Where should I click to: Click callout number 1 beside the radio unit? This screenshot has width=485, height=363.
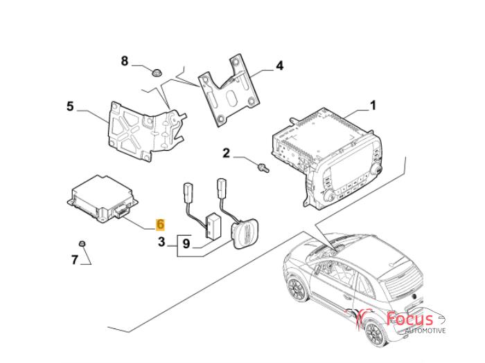(x=372, y=106)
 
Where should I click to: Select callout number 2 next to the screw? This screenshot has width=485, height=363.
(x=226, y=153)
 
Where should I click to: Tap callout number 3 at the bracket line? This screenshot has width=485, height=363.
(x=161, y=243)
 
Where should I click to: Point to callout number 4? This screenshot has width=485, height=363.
(x=279, y=66)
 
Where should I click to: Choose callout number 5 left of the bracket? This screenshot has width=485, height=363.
(x=70, y=106)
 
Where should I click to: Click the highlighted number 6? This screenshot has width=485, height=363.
(x=161, y=224)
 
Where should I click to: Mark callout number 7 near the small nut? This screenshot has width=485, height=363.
(x=75, y=260)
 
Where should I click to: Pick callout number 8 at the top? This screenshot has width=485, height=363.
(x=125, y=62)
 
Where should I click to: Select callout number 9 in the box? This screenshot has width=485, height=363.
(x=186, y=243)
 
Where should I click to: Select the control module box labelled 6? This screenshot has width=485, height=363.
(x=103, y=198)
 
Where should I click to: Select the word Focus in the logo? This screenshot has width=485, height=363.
(x=409, y=319)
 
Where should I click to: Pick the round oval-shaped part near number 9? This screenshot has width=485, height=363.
(x=244, y=232)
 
